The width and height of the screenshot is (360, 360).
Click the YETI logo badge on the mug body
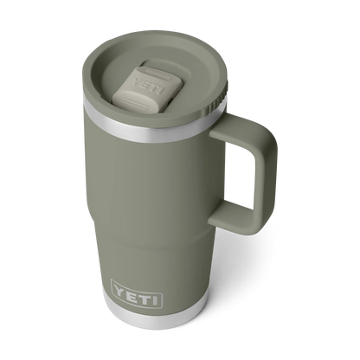click(137, 293)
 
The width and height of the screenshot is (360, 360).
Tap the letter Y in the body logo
click(119, 289)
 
